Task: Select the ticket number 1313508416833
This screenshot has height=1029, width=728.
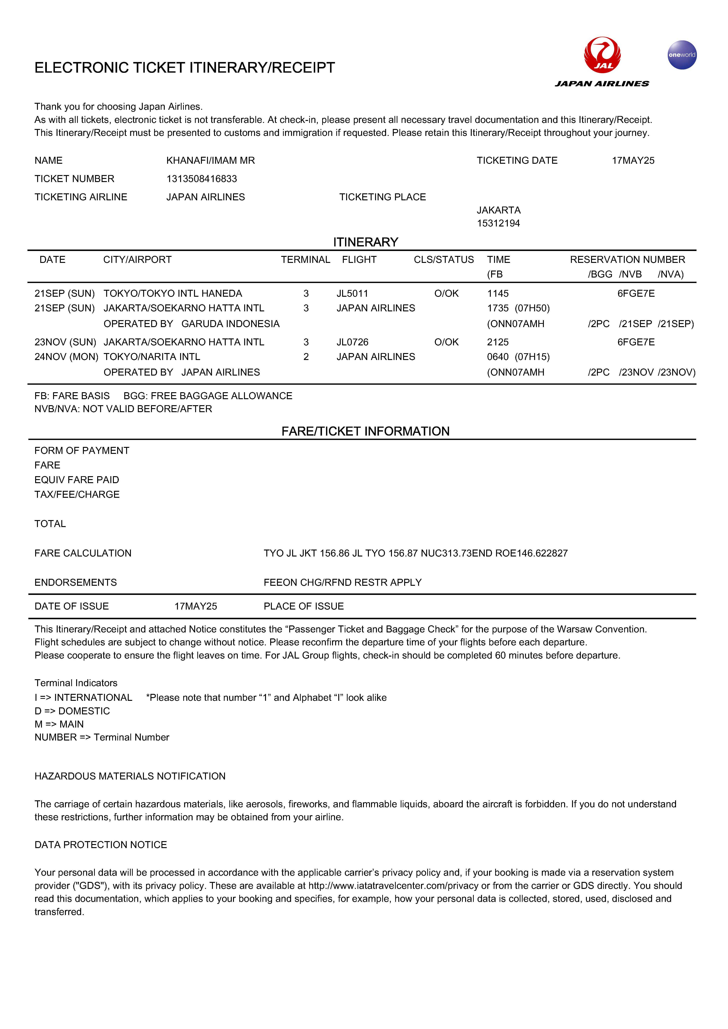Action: (201, 179)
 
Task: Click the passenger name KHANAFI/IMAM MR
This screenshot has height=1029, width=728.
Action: (210, 160)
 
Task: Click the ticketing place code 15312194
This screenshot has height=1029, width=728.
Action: (498, 223)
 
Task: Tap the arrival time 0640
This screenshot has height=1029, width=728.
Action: (497, 357)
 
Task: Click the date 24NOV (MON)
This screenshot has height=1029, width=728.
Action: (66, 357)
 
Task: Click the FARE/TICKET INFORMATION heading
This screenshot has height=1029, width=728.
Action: (365, 431)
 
